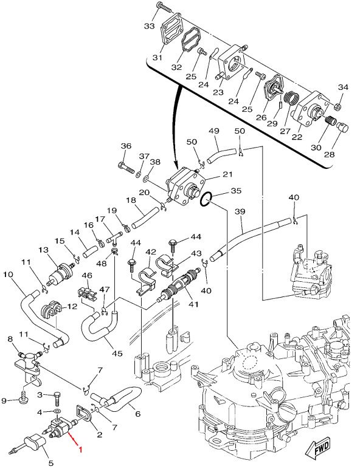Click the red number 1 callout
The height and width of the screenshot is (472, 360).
(80, 450)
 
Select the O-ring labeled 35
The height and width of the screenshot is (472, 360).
(207, 199)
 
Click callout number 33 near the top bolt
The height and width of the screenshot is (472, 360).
(149, 26)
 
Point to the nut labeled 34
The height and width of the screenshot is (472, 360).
(338, 107)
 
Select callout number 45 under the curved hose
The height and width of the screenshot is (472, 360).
(117, 353)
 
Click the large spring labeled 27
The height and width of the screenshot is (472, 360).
(292, 99)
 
